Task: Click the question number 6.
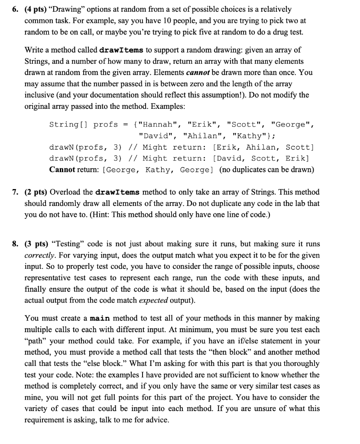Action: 14,9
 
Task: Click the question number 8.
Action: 14,243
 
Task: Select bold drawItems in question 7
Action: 115,192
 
